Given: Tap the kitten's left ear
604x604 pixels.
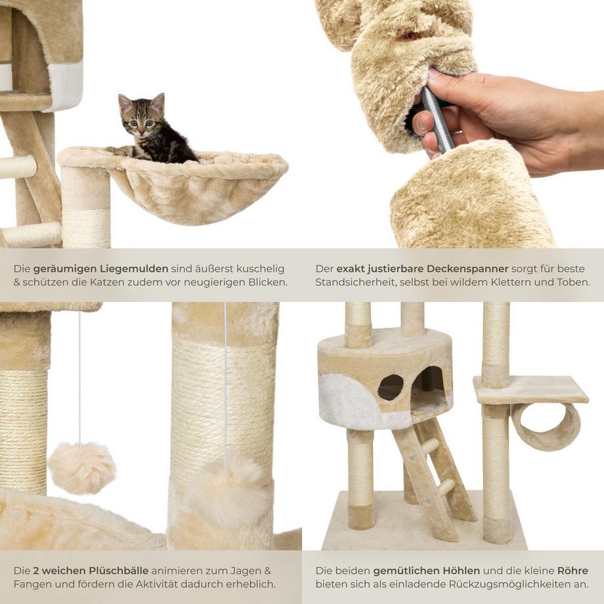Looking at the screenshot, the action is (125, 102).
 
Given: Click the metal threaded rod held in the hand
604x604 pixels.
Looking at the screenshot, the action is (437, 118).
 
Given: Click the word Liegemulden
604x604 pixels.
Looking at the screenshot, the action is (135, 269).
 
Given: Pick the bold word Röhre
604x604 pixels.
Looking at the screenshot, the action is (572, 571).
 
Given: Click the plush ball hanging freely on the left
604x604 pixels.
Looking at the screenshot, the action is (82, 467).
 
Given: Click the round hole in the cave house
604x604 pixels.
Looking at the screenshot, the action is (390, 386).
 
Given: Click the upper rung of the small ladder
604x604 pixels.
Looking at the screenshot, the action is (430, 448).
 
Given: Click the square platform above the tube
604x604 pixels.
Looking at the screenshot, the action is (532, 390).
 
